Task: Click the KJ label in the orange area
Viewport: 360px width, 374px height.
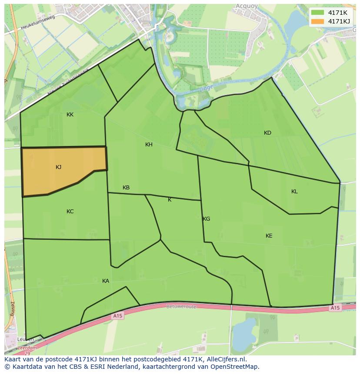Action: pos(58,167)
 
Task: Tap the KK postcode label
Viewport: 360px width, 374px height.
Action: pos(70,115)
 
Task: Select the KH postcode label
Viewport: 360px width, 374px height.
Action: pos(149,145)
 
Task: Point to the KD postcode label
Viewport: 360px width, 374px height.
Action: pos(267,133)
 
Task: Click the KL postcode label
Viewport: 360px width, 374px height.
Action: pos(294,192)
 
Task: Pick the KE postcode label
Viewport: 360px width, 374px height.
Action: pos(269,236)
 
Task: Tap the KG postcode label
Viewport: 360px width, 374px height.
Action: pos(207,219)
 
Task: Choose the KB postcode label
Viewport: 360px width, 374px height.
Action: pos(126,188)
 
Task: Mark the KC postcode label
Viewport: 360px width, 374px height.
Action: pos(70,212)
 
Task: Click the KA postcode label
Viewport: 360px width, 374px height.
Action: pos(106,281)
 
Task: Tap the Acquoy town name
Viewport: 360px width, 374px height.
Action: pos(247,6)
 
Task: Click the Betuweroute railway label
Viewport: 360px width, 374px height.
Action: pos(181,306)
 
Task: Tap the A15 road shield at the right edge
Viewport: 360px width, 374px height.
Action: pos(334,308)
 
